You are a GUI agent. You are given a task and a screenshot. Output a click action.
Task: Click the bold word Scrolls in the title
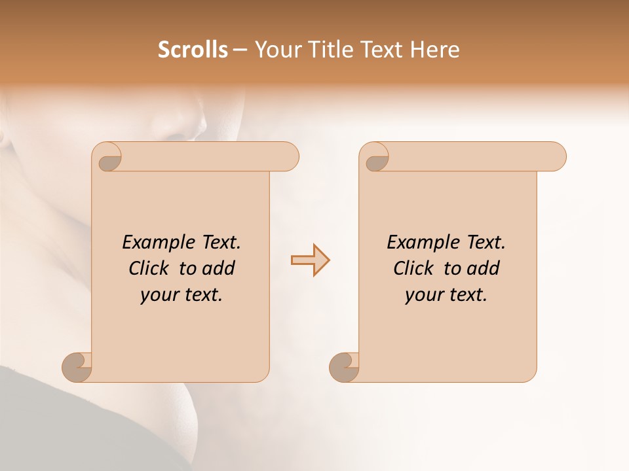193,50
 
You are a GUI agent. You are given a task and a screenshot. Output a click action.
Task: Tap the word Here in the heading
434,50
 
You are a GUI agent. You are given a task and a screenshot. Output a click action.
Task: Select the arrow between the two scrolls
310,260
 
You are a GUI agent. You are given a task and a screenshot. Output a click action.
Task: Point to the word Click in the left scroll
149,268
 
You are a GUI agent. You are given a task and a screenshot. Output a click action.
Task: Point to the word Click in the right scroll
413,268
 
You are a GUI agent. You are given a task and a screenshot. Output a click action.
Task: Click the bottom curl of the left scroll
76,367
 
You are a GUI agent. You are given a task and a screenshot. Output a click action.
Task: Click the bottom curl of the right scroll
343,367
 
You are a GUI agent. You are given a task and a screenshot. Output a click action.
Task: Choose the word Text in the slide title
379,50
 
